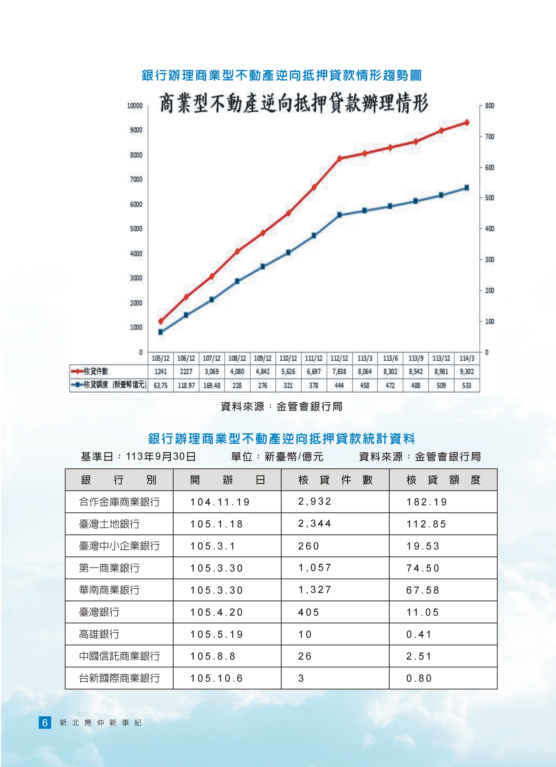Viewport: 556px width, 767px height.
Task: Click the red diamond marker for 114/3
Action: [x=466, y=122]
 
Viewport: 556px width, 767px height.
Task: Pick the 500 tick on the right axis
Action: [x=489, y=198]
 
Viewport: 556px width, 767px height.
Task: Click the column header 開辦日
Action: [x=227, y=480]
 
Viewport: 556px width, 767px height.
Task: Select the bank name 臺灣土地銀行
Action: [x=109, y=524]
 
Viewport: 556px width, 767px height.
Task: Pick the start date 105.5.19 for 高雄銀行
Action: [x=216, y=634]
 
